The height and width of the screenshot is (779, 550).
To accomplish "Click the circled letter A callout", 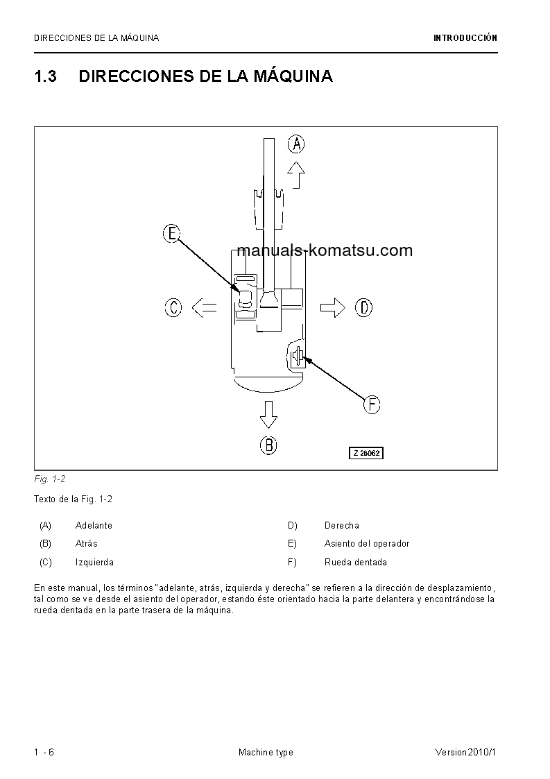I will pyautogui.click(x=296, y=144).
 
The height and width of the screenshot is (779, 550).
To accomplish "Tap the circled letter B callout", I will pyautogui.click(x=269, y=445).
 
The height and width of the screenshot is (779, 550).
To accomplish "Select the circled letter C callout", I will pyautogui.click(x=173, y=307).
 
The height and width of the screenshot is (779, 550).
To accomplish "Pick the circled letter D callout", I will pyautogui.click(x=364, y=307).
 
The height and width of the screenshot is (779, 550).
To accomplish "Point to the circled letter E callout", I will pyautogui.click(x=171, y=234).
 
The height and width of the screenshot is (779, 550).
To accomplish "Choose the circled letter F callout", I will pyautogui.click(x=372, y=404).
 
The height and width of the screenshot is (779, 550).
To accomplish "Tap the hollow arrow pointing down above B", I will pyautogui.click(x=268, y=415).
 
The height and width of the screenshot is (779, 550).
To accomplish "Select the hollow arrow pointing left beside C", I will pyautogui.click(x=204, y=307).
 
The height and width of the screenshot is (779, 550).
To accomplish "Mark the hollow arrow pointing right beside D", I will pyautogui.click(x=333, y=307).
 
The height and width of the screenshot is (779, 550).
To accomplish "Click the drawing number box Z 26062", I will pyautogui.click(x=366, y=453).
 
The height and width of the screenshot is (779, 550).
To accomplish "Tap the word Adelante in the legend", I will pyautogui.click(x=94, y=526).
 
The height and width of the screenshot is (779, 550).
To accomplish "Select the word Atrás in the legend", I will pyautogui.click(x=86, y=544).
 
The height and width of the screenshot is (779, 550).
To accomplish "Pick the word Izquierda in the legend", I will pyautogui.click(x=94, y=563).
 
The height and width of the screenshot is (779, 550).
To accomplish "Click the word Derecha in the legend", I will pyautogui.click(x=342, y=526).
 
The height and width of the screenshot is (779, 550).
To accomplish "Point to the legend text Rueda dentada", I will pyautogui.click(x=356, y=563).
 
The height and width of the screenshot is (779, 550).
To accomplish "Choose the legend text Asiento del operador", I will pyautogui.click(x=367, y=544).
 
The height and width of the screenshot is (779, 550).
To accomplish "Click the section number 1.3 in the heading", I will pyautogui.click(x=45, y=76).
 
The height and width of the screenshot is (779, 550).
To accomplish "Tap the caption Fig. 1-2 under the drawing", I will pyautogui.click(x=49, y=479).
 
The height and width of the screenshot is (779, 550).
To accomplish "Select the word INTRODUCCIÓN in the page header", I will pyautogui.click(x=465, y=38).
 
